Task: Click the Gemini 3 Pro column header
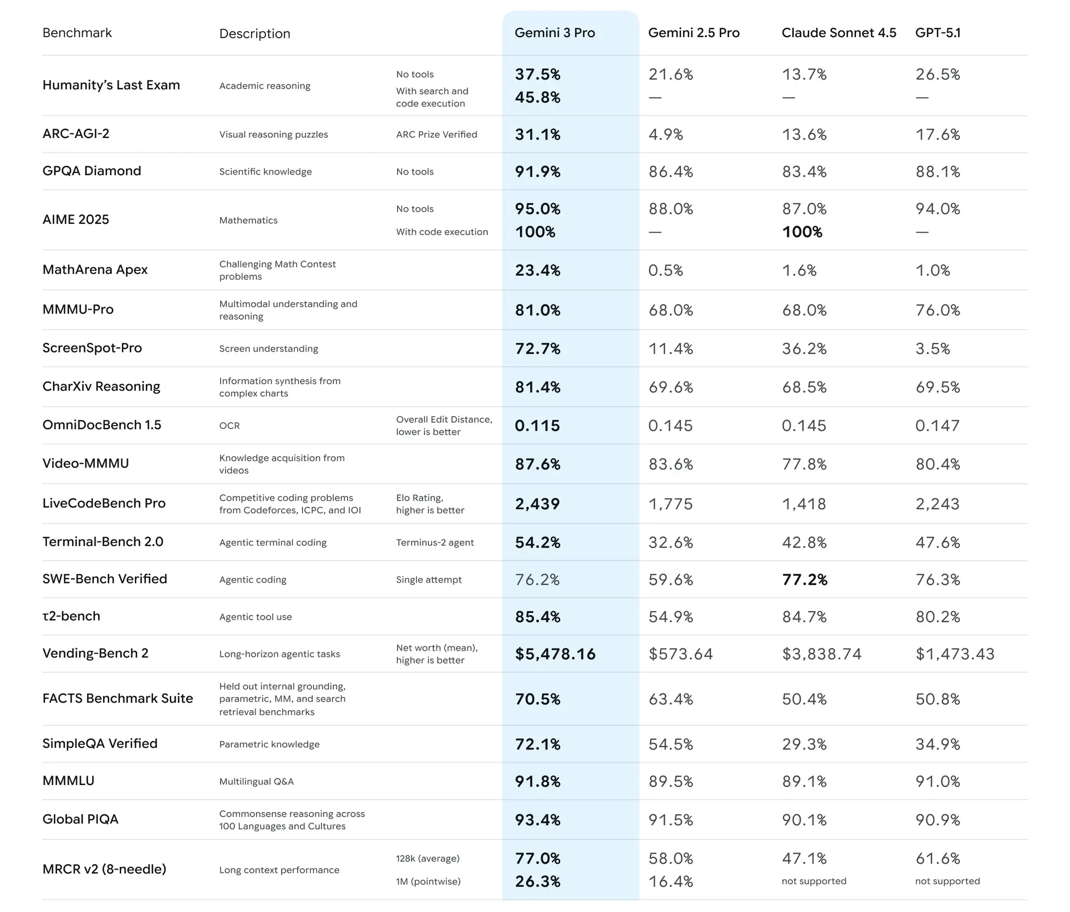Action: tap(554, 33)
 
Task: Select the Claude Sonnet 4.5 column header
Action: tap(839, 33)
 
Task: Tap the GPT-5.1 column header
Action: tap(937, 33)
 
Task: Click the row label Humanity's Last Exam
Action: tap(111, 85)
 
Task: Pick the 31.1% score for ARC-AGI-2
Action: tap(537, 134)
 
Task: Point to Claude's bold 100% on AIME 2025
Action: tap(802, 232)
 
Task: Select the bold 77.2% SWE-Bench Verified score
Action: tap(805, 579)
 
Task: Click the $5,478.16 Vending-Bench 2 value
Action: tap(555, 654)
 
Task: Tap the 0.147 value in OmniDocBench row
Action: tap(937, 426)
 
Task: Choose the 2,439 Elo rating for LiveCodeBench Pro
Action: tap(537, 504)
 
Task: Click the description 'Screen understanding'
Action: tap(269, 349)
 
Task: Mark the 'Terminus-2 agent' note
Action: tap(435, 542)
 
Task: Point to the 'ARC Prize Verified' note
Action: tap(436, 134)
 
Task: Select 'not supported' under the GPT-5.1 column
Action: tap(947, 881)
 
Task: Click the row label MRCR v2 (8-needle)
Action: tap(104, 869)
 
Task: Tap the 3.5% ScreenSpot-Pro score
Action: tap(932, 349)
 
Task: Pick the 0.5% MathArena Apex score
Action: tap(666, 270)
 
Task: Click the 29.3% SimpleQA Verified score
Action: tap(804, 744)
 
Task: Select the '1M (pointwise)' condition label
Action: tap(428, 882)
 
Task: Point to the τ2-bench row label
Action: tap(71, 616)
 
